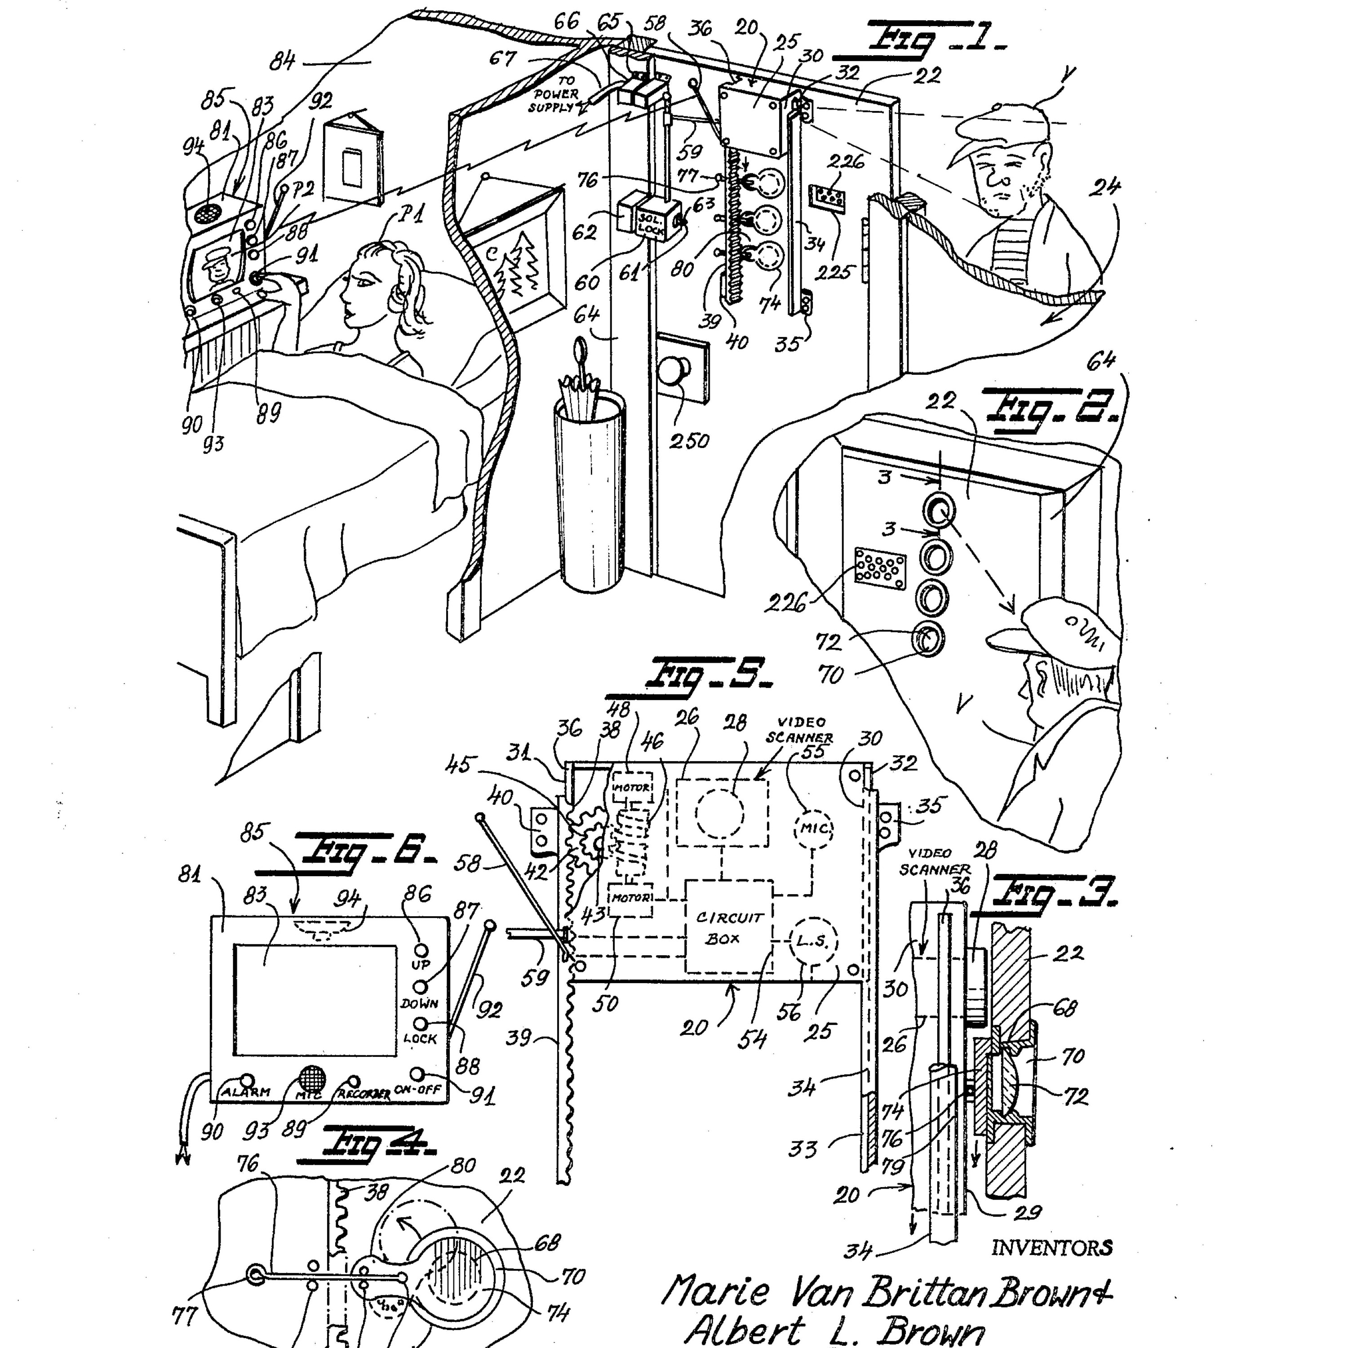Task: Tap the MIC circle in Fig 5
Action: [x=814, y=828]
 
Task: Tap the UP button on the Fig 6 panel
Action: [x=421, y=950]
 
